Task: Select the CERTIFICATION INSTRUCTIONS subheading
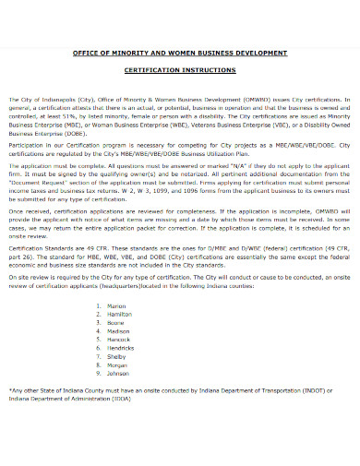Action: [x=180, y=71]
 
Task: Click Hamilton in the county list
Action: [x=120, y=314]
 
